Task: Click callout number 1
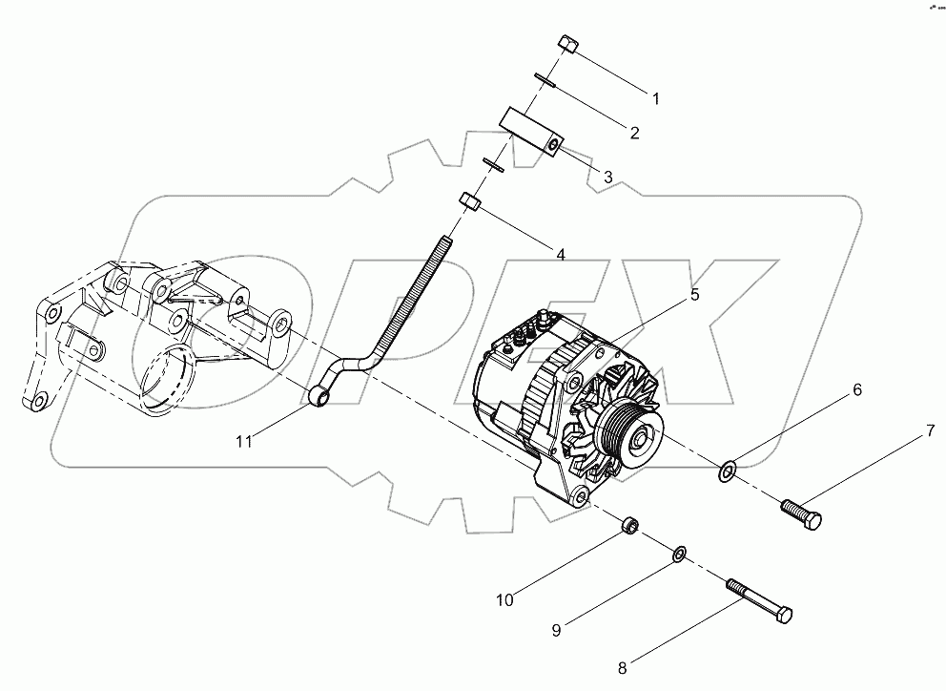click(x=655, y=97)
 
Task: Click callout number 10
click(x=504, y=600)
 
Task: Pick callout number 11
click(x=245, y=440)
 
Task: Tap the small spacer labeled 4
click(x=469, y=201)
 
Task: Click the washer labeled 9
click(x=680, y=554)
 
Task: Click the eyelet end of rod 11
click(x=319, y=393)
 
